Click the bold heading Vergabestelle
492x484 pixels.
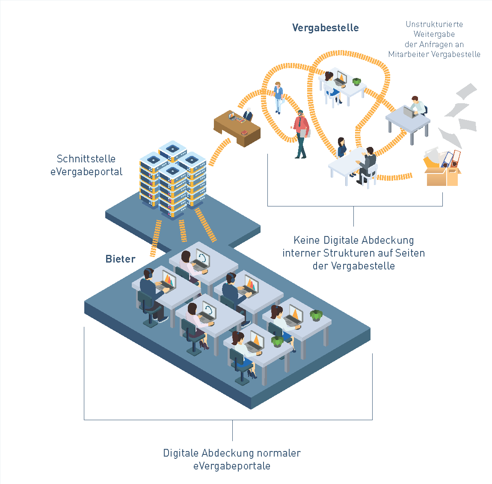pyautogui.click(x=325, y=28)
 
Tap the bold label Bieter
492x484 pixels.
pyautogui.click(x=120, y=259)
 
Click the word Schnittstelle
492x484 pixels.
pyautogui.click(x=86, y=159)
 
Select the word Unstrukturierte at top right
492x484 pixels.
pyautogui.click(x=434, y=24)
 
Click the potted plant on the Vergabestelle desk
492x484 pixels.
pyautogui.click(x=356, y=81)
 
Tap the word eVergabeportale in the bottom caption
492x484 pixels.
pyautogui.click(x=231, y=466)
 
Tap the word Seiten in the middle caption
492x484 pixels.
pyautogui.click(x=410, y=253)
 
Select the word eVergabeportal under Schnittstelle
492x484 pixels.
pyautogui.click(x=86, y=172)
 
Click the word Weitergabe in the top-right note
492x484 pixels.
pyautogui.click(x=434, y=34)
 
